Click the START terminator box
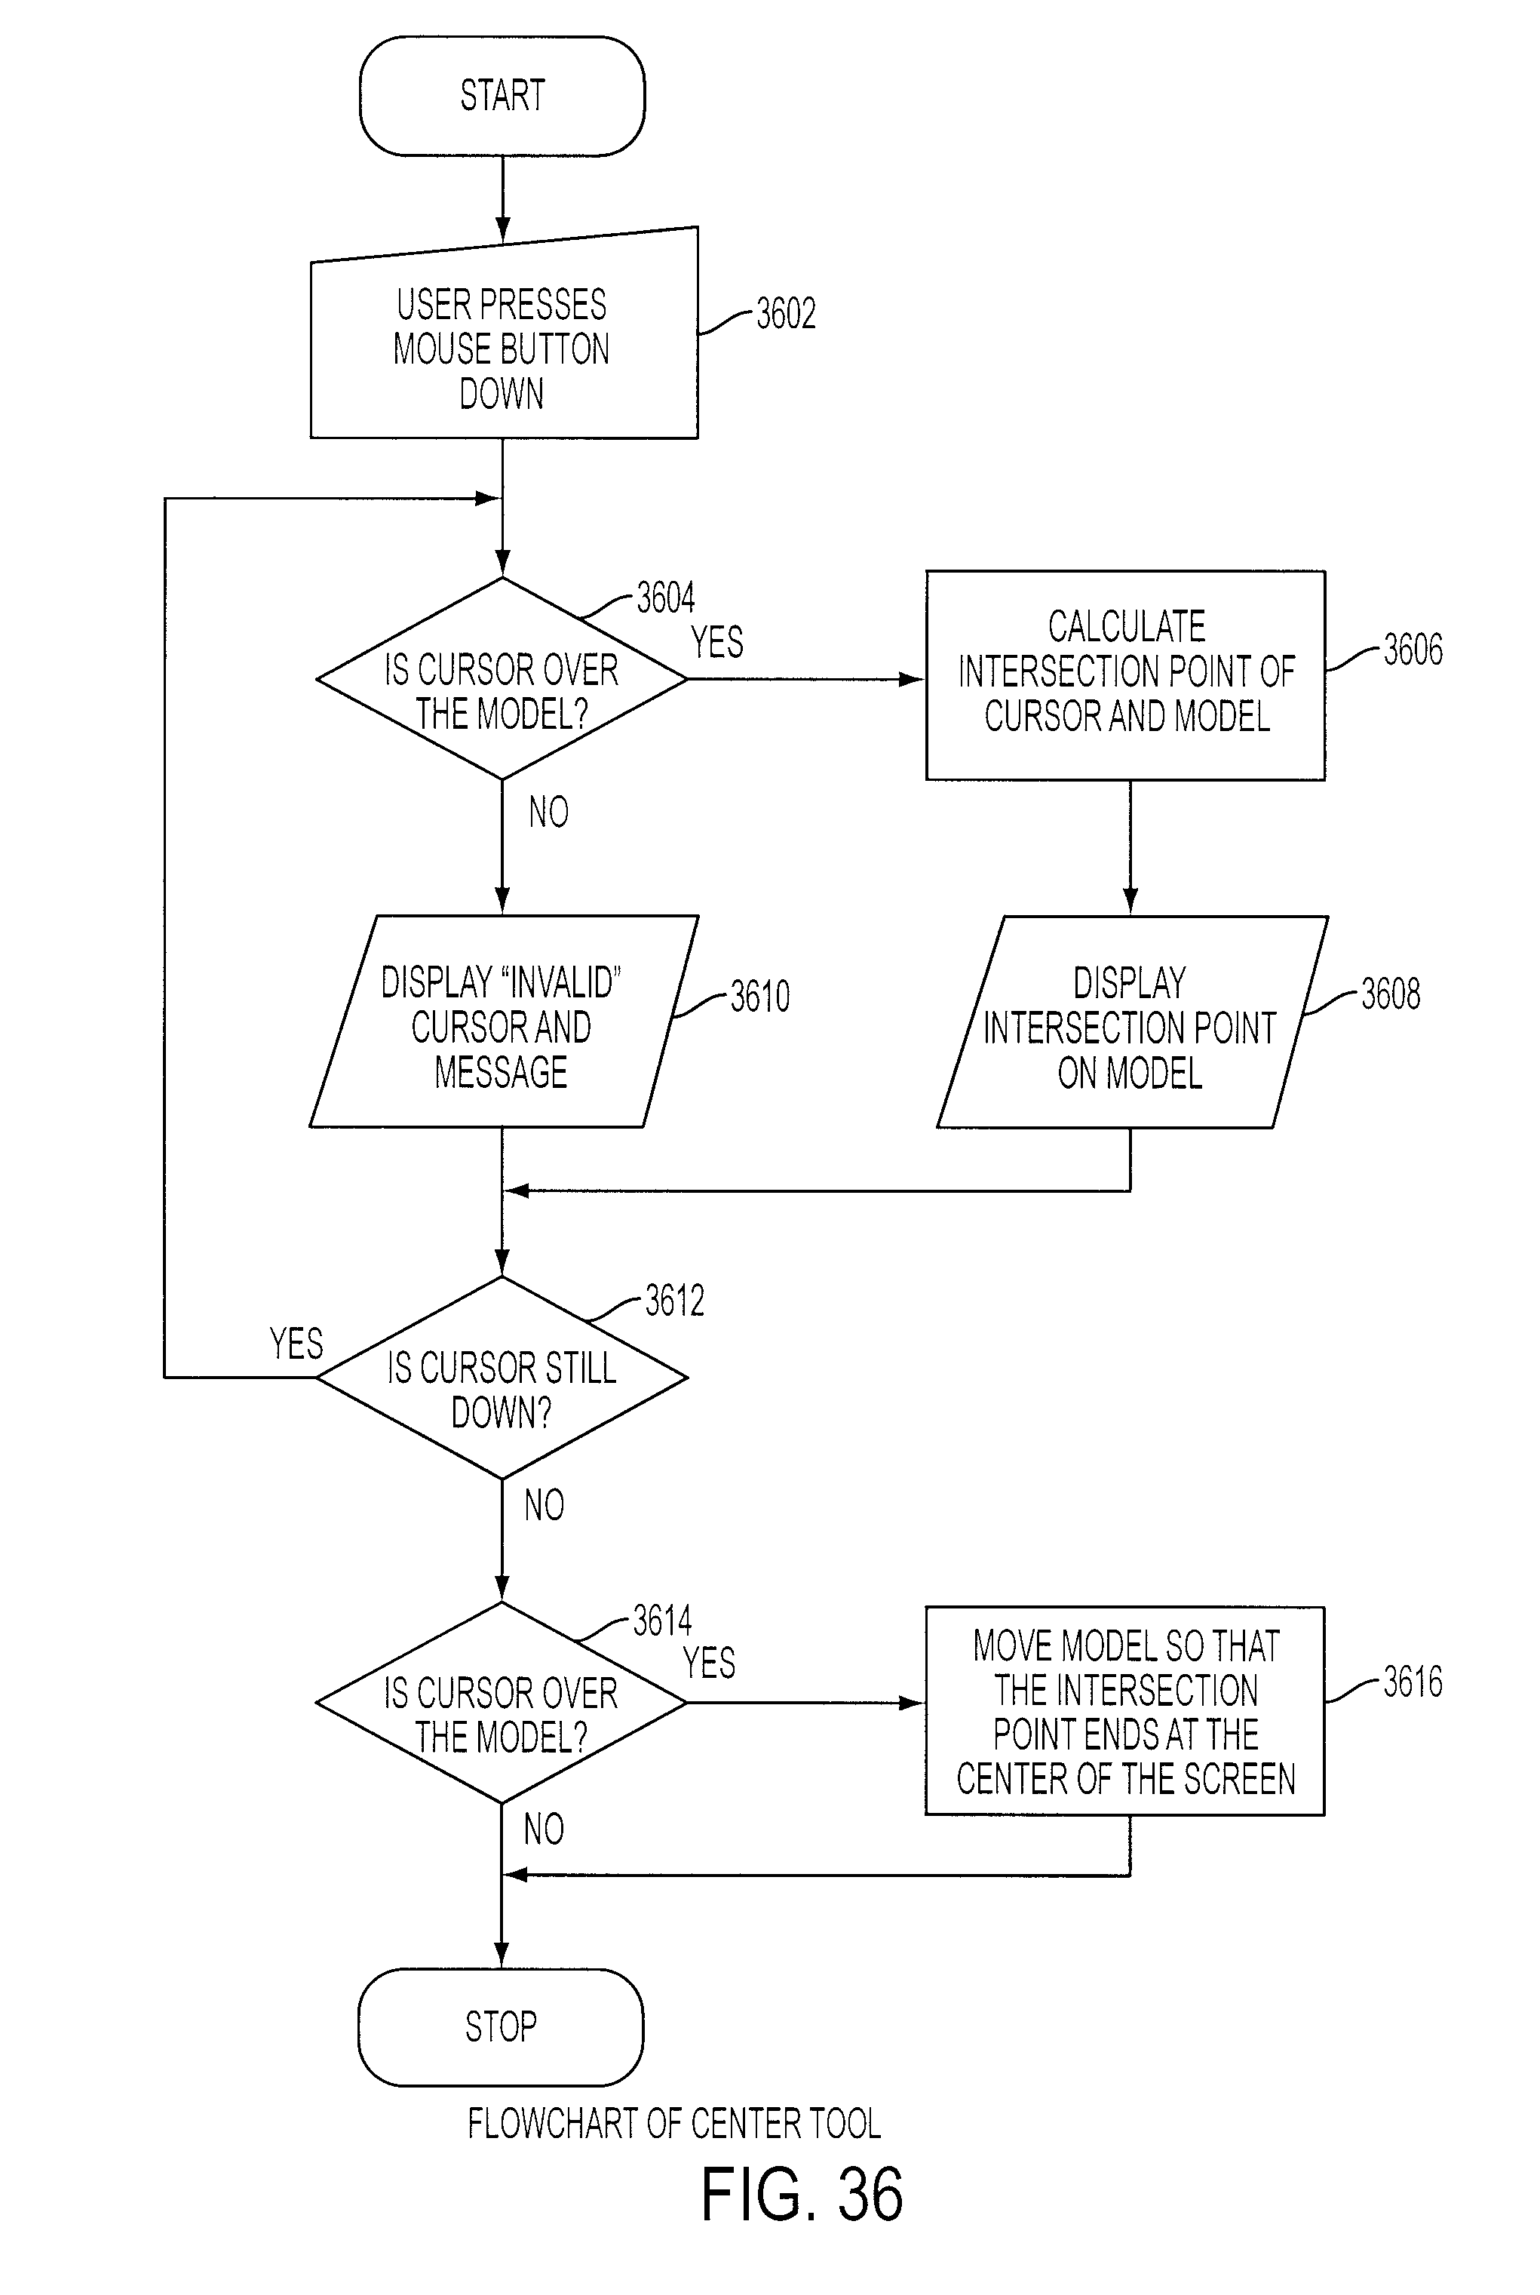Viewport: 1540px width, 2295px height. (502, 97)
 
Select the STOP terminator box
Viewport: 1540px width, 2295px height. (501, 2026)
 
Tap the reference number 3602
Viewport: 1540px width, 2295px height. (786, 313)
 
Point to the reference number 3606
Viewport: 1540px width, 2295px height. (1413, 650)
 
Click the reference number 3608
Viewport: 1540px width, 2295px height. (1391, 994)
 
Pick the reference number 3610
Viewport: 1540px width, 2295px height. (760, 996)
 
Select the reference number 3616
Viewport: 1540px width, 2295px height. (1413, 1682)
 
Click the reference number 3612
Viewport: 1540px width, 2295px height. (675, 1301)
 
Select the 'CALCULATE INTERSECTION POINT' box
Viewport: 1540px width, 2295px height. (1125, 675)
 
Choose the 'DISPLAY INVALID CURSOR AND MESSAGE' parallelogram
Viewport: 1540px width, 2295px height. (504, 1021)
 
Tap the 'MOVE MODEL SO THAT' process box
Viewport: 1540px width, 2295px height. (1124, 1710)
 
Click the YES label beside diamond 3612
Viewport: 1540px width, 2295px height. (296, 1343)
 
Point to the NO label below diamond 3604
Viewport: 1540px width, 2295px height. (549, 813)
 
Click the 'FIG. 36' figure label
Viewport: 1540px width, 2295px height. (802, 2194)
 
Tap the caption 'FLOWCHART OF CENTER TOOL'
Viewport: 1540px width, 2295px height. (673, 2123)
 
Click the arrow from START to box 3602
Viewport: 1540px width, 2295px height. (502, 198)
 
